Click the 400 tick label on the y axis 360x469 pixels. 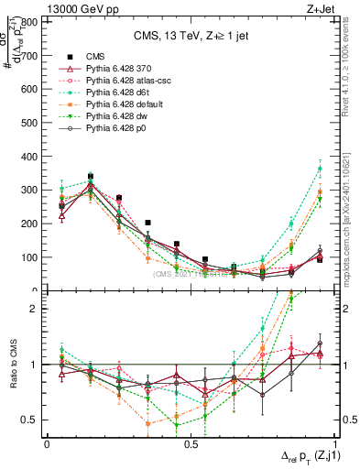point(31,157)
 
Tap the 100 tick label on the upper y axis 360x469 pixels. point(31,257)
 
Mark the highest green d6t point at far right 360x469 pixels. point(320,169)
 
